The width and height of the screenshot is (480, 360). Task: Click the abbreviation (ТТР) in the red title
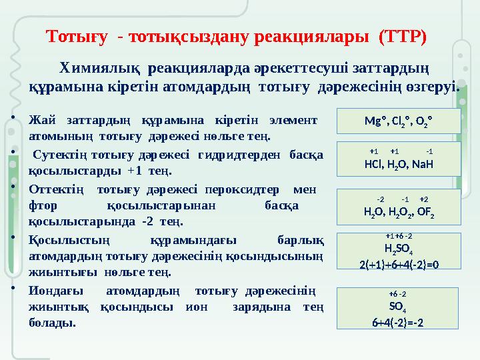(x=401, y=35)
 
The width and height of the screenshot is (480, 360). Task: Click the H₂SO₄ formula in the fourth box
(x=399, y=251)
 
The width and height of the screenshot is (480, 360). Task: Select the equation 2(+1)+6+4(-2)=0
(x=399, y=263)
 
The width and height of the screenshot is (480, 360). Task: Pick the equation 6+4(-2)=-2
(x=398, y=322)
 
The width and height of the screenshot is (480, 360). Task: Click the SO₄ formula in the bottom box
(x=398, y=308)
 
